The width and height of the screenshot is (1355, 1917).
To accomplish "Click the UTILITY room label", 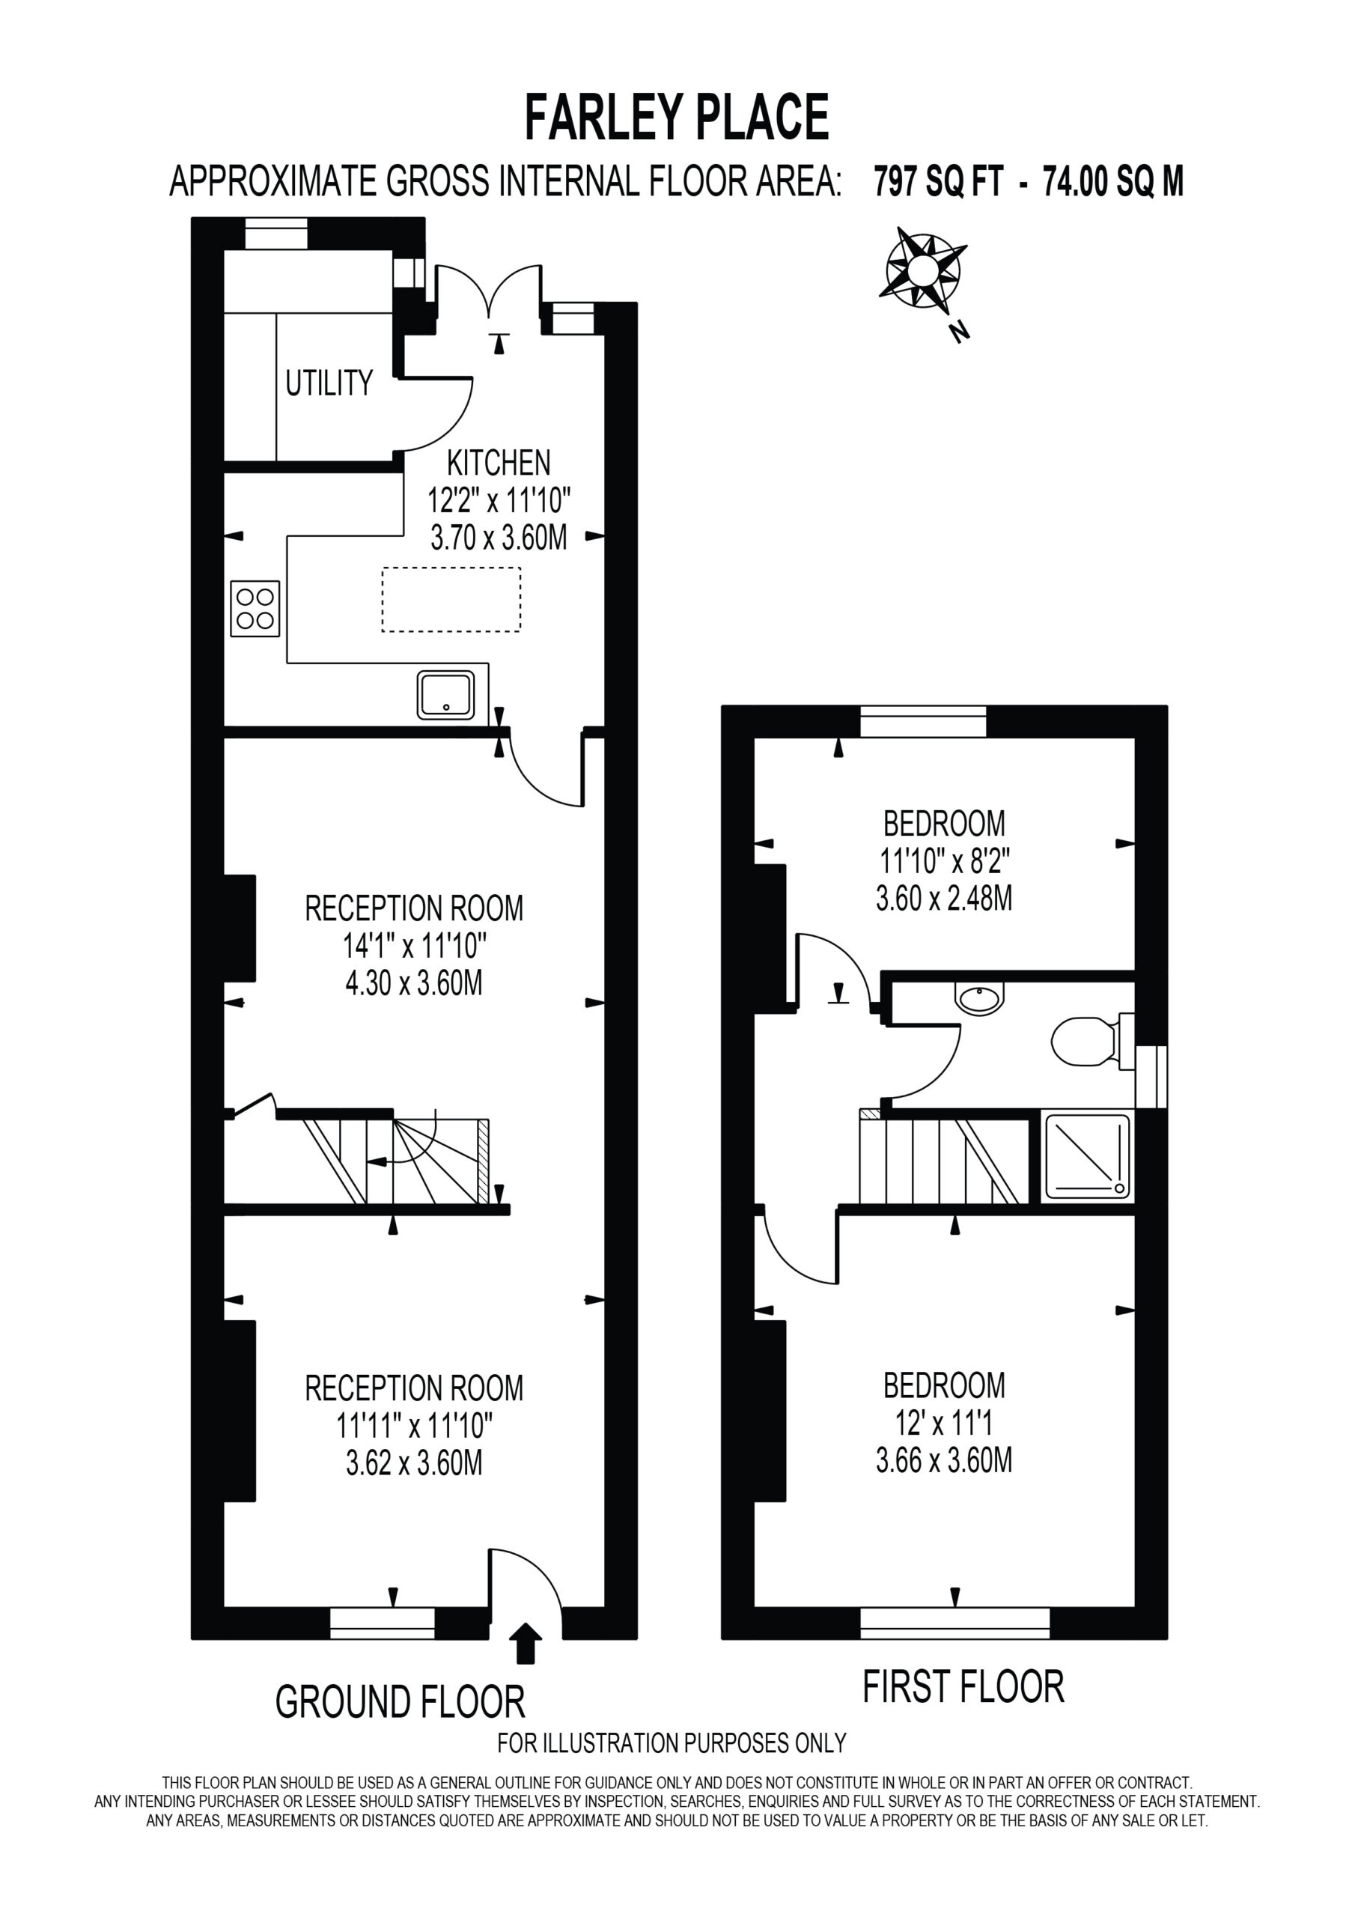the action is point(329,383).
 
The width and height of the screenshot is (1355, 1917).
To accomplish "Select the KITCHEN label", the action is point(499,463).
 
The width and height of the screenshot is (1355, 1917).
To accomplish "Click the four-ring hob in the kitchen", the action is point(255,609).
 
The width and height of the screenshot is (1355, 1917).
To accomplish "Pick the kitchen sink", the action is point(446,695).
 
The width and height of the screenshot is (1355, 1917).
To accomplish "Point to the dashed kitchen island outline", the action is point(451,600).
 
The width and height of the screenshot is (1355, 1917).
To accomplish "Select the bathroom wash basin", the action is point(979,999).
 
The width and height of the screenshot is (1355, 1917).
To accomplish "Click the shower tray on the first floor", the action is point(1087,1157).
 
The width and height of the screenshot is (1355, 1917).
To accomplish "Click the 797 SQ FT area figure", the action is point(937,181).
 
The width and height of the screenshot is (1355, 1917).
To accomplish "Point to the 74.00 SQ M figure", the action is point(1113,181).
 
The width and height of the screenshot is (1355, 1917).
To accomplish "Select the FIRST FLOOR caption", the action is point(963,1686).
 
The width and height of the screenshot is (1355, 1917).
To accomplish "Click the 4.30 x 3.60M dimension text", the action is point(414,982).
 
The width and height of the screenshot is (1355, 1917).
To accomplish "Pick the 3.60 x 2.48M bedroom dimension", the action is point(944,898).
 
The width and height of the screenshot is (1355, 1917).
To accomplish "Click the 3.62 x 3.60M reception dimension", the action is point(414,1462).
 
